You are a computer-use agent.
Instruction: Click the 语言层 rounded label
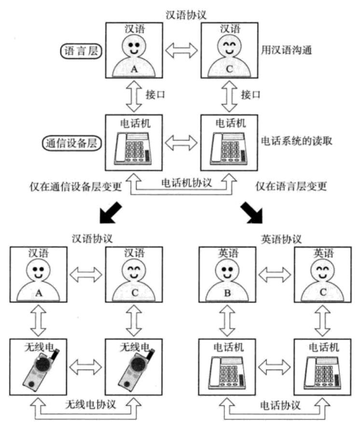point(81,51)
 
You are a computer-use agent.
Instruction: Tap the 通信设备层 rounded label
point(71,143)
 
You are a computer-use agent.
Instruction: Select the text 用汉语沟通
point(286,50)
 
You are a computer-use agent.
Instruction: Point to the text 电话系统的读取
point(297,141)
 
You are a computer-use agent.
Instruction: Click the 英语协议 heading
point(281,240)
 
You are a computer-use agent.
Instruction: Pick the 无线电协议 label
point(90,404)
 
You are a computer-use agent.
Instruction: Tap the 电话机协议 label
point(186,183)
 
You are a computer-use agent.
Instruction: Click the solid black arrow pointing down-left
point(111,213)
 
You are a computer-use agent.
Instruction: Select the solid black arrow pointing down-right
point(252,213)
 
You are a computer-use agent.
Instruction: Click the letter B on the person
point(227,293)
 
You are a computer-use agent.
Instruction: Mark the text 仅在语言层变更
point(291,186)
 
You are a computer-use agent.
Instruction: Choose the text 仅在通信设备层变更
point(76,187)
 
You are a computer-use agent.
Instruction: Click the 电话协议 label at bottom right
point(280,405)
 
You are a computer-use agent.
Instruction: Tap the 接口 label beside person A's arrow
point(155,95)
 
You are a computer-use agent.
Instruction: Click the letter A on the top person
point(134,69)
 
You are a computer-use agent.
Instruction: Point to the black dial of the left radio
point(43,364)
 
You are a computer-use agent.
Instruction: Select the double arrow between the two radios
point(86,367)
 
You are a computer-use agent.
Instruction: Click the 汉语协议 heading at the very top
point(186,15)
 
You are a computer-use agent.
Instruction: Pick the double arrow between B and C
point(275,275)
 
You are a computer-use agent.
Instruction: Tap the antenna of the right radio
point(151,355)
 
